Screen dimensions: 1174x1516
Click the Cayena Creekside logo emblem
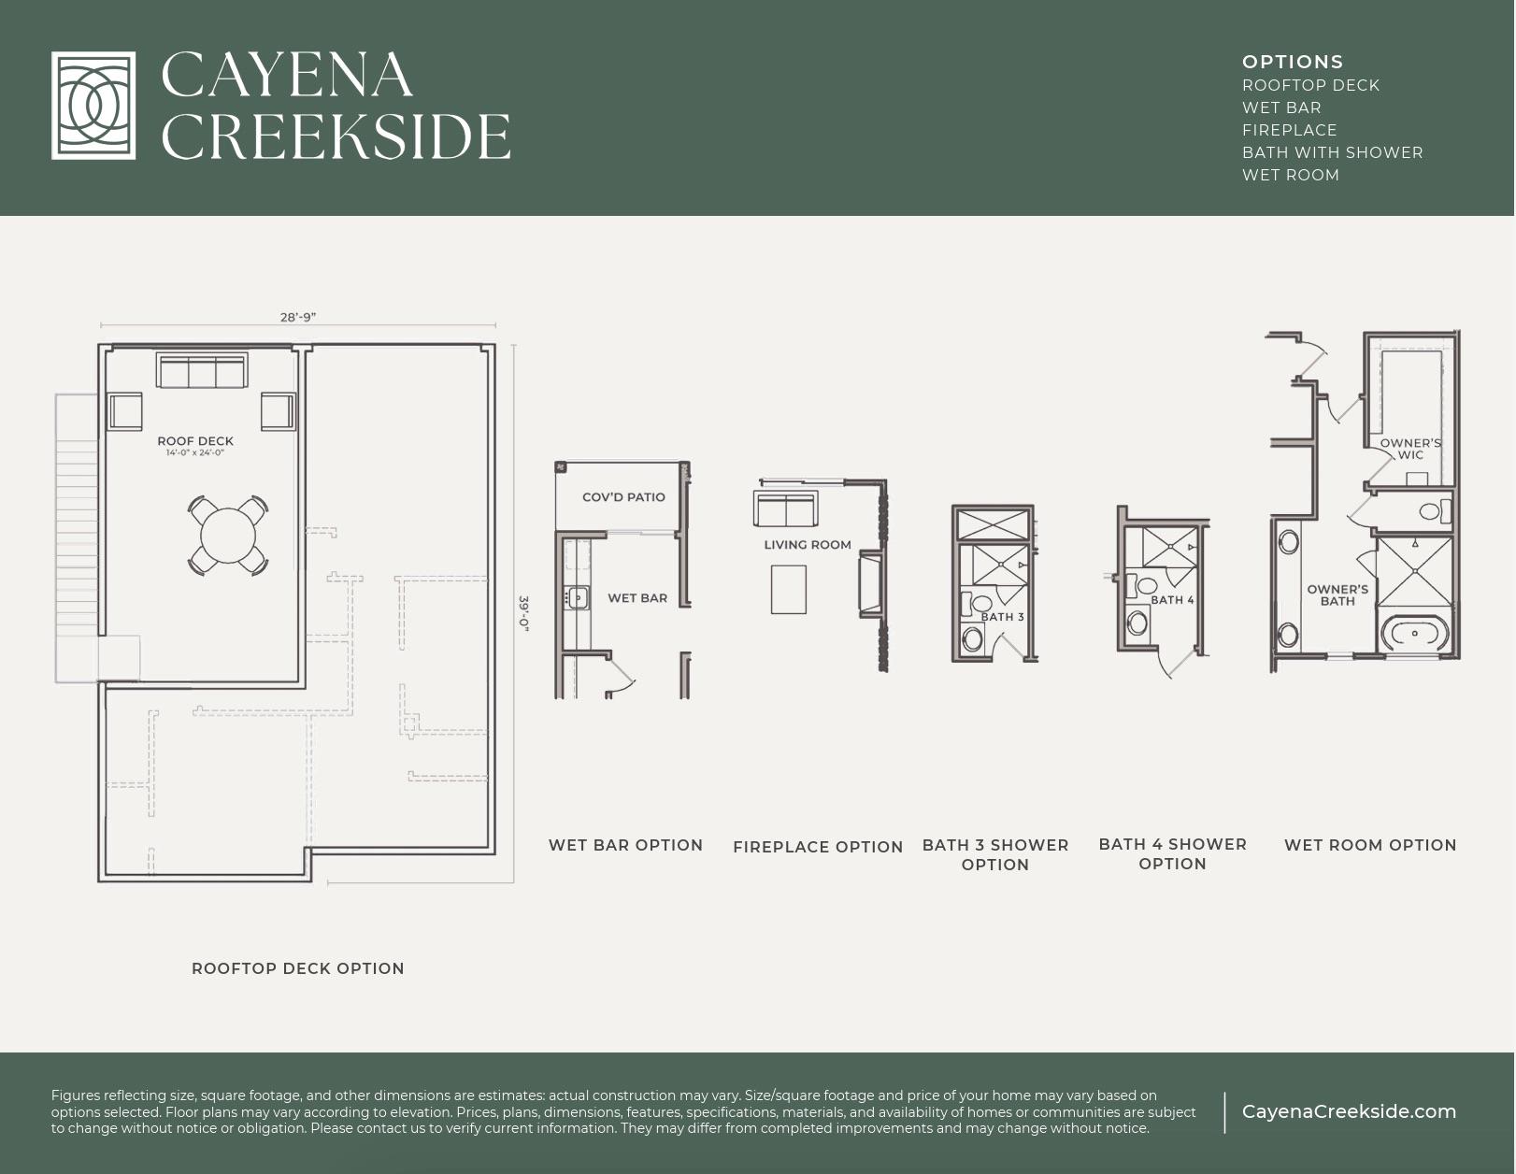click(x=93, y=106)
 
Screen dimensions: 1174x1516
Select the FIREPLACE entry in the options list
click(x=1289, y=130)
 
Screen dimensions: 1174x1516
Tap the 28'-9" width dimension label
click(x=298, y=317)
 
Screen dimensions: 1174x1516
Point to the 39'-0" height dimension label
click(x=524, y=613)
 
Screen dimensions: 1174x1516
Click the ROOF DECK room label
click(x=195, y=441)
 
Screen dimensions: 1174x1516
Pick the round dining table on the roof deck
click(x=228, y=536)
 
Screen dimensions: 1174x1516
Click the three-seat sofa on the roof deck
click(x=202, y=371)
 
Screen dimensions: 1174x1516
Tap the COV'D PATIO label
click(x=623, y=497)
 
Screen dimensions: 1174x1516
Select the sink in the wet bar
click(x=576, y=596)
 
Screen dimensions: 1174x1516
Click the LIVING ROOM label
click(x=808, y=545)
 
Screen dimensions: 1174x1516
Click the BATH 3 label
click(x=1002, y=617)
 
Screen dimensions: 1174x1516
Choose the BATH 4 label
click(x=1172, y=600)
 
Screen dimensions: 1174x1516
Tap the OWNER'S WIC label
click(x=1410, y=449)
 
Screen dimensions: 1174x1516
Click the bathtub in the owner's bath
click(x=1415, y=634)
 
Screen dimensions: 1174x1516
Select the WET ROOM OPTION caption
click(x=1370, y=845)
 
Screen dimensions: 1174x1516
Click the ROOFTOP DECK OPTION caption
click(x=298, y=968)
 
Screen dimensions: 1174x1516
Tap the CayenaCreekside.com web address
click(x=1349, y=1111)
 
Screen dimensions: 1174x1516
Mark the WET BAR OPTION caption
click(x=625, y=845)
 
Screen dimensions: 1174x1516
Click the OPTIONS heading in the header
click(x=1293, y=62)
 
